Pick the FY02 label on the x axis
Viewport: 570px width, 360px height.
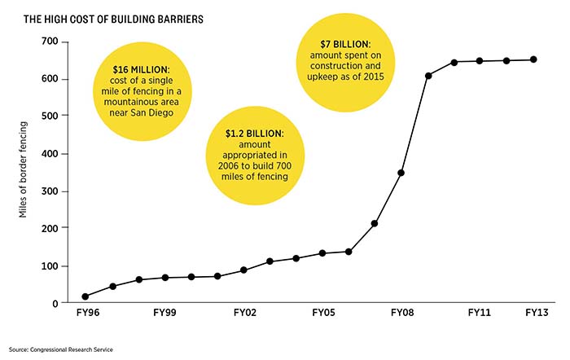(245, 312)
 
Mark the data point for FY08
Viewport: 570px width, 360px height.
(401, 173)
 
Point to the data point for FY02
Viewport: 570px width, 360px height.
(243, 270)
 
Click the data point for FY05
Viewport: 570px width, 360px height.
(322, 253)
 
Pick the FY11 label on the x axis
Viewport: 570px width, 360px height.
(480, 312)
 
